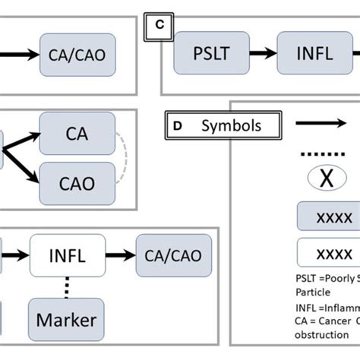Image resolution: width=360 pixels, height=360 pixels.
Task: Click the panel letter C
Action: pos(159,24)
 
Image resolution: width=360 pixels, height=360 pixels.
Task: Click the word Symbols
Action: pos(231,125)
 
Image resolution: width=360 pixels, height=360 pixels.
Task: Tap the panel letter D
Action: pos(177,125)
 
